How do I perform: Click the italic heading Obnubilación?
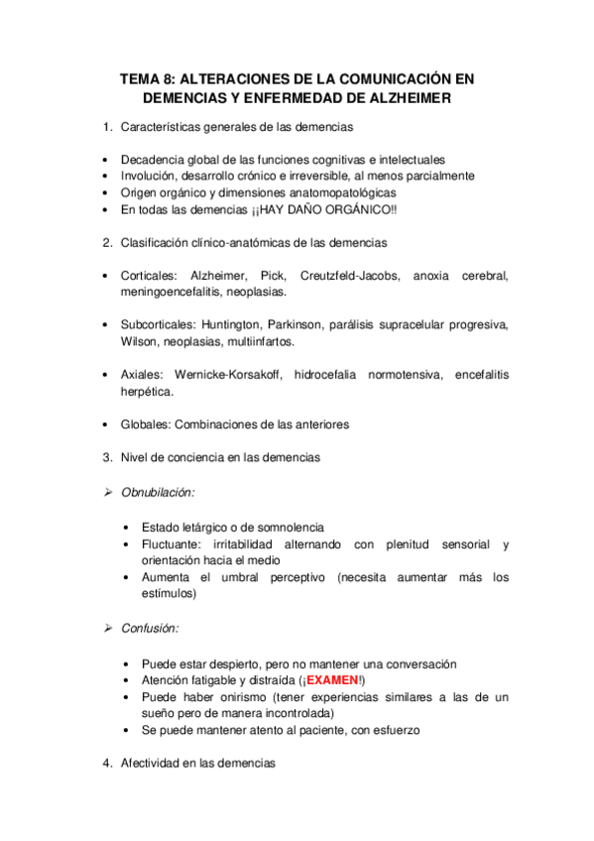tap(158, 492)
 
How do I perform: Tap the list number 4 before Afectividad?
tap(107, 764)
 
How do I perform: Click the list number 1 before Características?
tap(107, 127)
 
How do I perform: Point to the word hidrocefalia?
tap(330, 375)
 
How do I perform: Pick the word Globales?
tap(145, 423)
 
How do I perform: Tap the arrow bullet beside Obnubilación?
tap(109, 492)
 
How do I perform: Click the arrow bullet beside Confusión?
tap(109, 628)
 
